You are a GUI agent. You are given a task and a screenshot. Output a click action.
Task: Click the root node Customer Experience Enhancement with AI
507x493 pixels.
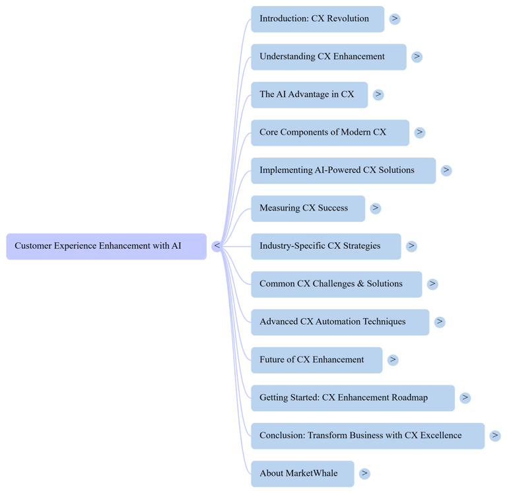click(106, 246)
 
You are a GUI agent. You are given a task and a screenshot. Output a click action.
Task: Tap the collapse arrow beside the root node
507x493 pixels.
click(216, 246)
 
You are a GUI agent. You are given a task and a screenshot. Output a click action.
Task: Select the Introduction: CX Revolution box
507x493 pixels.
click(318, 19)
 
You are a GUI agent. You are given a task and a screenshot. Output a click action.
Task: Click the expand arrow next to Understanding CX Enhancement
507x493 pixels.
click(417, 57)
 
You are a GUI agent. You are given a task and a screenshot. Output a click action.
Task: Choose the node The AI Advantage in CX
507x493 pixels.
click(309, 94)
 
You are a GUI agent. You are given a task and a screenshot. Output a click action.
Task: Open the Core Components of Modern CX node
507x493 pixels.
click(330, 133)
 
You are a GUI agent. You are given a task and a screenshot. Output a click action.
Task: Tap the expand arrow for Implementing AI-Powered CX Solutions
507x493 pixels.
click(446, 170)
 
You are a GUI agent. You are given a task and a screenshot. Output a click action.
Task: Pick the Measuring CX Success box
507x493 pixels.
click(308, 209)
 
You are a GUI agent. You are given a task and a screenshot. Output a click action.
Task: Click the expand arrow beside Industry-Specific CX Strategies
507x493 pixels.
click(411, 246)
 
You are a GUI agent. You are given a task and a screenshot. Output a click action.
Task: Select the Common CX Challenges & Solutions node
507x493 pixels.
click(336, 284)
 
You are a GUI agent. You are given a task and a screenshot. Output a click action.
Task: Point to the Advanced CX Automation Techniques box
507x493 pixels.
click(340, 322)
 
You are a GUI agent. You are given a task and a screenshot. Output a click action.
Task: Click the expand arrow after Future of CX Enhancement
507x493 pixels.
click(393, 360)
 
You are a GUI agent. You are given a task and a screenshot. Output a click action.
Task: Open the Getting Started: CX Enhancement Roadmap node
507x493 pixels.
click(353, 398)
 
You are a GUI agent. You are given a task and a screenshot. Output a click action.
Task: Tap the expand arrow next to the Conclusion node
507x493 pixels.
click(495, 436)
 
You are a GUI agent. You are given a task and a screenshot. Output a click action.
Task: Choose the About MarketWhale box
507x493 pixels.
click(302, 474)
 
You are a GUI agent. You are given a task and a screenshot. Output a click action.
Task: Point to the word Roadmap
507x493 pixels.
click(409, 397)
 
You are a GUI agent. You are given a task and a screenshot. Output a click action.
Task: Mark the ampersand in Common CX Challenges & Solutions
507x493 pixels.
click(360, 284)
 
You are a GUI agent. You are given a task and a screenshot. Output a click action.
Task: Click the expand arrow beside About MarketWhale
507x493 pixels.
click(364, 474)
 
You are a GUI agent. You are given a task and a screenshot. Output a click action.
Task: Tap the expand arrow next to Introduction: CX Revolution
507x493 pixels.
click(394, 19)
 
